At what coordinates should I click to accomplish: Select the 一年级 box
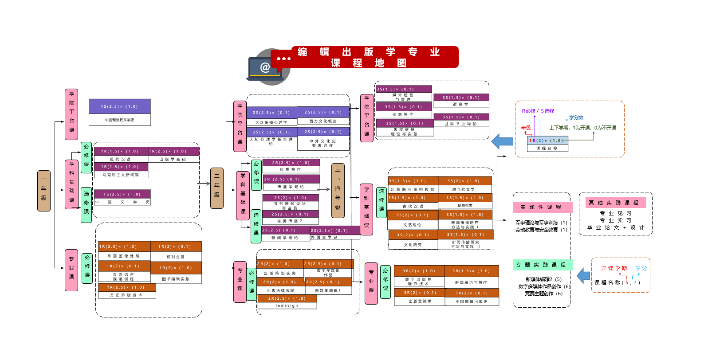[x=43, y=191]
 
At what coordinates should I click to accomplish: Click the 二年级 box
[x=216, y=188]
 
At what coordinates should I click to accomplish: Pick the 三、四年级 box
[x=338, y=191]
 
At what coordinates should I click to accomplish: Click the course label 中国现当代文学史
[x=119, y=120]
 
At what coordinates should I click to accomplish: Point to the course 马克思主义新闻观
[x=121, y=175]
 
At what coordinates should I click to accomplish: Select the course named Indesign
[x=287, y=305]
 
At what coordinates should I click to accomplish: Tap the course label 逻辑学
[x=460, y=105]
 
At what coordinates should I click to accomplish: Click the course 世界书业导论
[x=460, y=124]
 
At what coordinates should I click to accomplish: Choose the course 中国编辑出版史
[x=471, y=301]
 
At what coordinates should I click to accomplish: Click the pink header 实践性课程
[x=542, y=207]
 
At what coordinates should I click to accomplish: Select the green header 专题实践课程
[x=542, y=265]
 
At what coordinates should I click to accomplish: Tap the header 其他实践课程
[x=615, y=203]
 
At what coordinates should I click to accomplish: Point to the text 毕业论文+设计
[x=615, y=227]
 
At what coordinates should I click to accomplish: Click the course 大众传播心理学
[x=271, y=122]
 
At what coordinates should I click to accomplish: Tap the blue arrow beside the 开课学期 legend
[x=583, y=276]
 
